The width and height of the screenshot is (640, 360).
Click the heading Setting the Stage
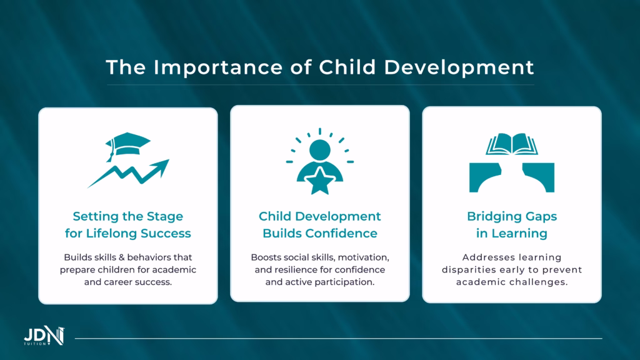tap(128, 216)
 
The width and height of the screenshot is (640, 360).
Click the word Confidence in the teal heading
tap(346, 234)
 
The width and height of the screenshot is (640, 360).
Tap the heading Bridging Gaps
tap(512, 216)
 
